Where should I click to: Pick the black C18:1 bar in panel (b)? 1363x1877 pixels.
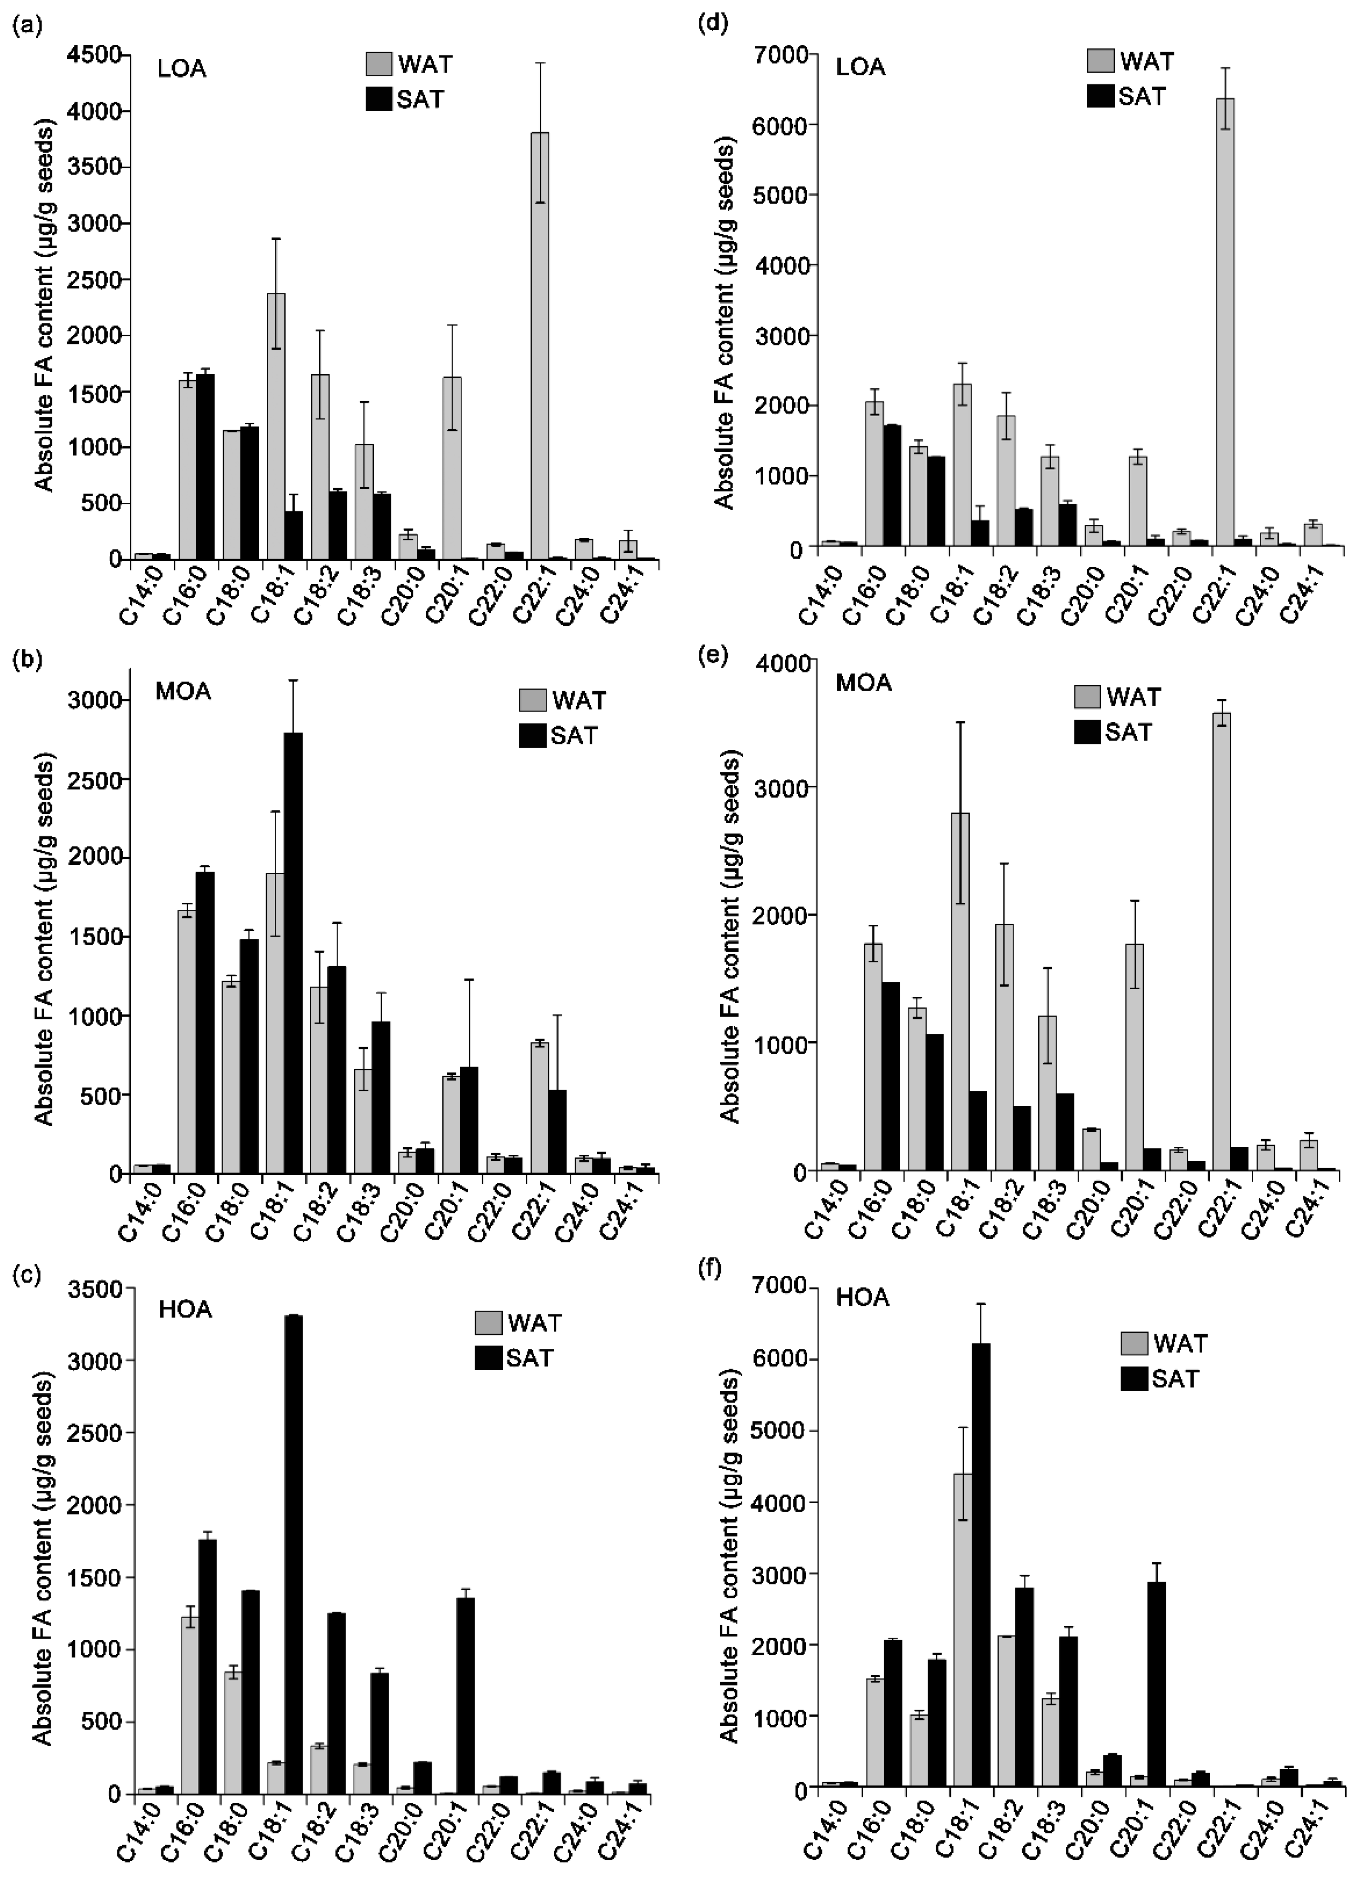293,952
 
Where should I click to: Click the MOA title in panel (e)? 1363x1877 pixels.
863,683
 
